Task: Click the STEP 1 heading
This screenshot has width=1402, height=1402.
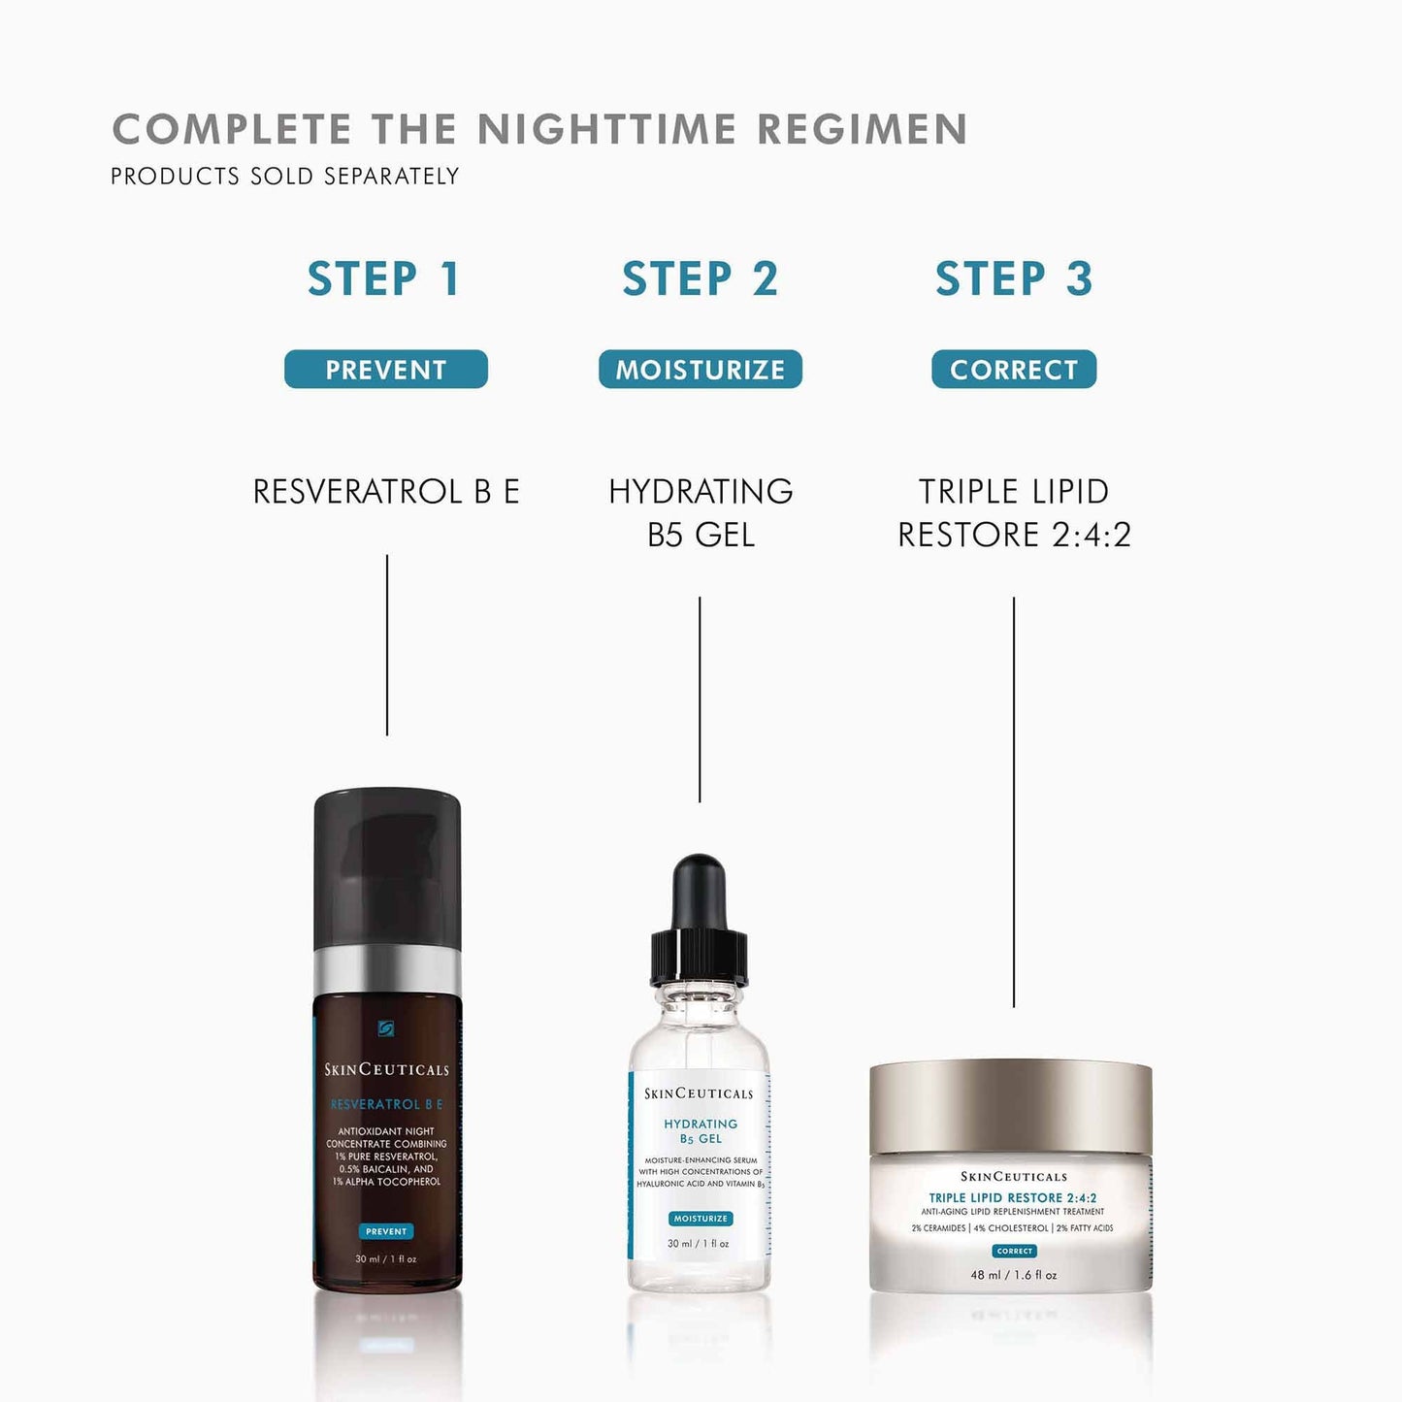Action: pyautogui.click(x=383, y=279)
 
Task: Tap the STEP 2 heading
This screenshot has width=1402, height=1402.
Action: pyautogui.click(x=700, y=279)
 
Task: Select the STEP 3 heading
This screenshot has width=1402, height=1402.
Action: pyautogui.click(x=1014, y=279)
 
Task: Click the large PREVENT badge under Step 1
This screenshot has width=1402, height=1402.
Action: pyautogui.click(x=385, y=370)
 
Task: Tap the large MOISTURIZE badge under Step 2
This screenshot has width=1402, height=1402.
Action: pyautogui.click(x=700, y=370)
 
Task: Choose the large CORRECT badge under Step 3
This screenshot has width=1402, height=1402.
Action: pyautogui.click(x=1014, y=370)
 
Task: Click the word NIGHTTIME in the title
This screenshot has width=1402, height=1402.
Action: pyautogui.click(x=606, y=130)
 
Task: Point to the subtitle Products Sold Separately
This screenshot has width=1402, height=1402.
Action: pyautogui.click(x=284, y=177)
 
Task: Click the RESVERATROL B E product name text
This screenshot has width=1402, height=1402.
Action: pyautogui.click(x=386, y=492)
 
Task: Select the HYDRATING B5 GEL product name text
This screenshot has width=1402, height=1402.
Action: pyautogui.click(x=701, y=512)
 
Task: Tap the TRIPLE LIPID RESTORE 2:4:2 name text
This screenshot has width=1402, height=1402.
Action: pyautogui.click(x=1014, y=512)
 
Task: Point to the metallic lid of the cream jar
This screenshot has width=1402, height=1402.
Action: pyautogui.click(x=1010, y=1106)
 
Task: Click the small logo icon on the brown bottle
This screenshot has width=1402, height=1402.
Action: pyautogui.click(x=386, y=1028)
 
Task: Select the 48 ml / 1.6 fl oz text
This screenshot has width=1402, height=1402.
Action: pyautogui.click(x=1014, y=1275)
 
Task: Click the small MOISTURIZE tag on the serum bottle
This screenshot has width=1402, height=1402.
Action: pyautogui.click(x=701, y=1219)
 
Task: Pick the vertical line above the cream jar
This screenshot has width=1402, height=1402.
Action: pyautogui.click(x=1014, y=800)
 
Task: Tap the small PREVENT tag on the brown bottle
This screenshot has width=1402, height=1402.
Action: pyautogui.click(x=386, y=1231)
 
